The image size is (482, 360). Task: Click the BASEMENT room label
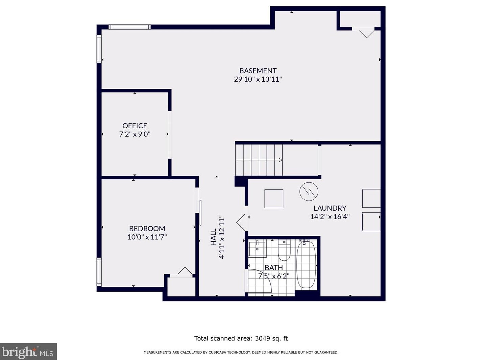point(258,71)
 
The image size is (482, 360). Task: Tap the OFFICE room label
point(135,126)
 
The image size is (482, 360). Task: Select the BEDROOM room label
point(147,229)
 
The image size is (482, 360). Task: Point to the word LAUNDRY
point(330,208)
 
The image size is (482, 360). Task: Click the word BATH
point(273,268)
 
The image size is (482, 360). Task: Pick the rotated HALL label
point(213,237)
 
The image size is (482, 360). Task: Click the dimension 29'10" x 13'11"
point(258,79)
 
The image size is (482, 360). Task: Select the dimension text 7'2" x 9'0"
point(135,134)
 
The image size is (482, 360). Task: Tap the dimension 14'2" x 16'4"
point(330,216)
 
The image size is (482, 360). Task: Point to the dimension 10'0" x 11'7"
point(147,237)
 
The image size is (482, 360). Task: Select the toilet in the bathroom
point(284,250)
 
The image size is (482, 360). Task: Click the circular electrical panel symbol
point(309,191)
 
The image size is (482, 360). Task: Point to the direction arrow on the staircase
point(281,160)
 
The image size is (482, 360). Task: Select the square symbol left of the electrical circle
point(273,199)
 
